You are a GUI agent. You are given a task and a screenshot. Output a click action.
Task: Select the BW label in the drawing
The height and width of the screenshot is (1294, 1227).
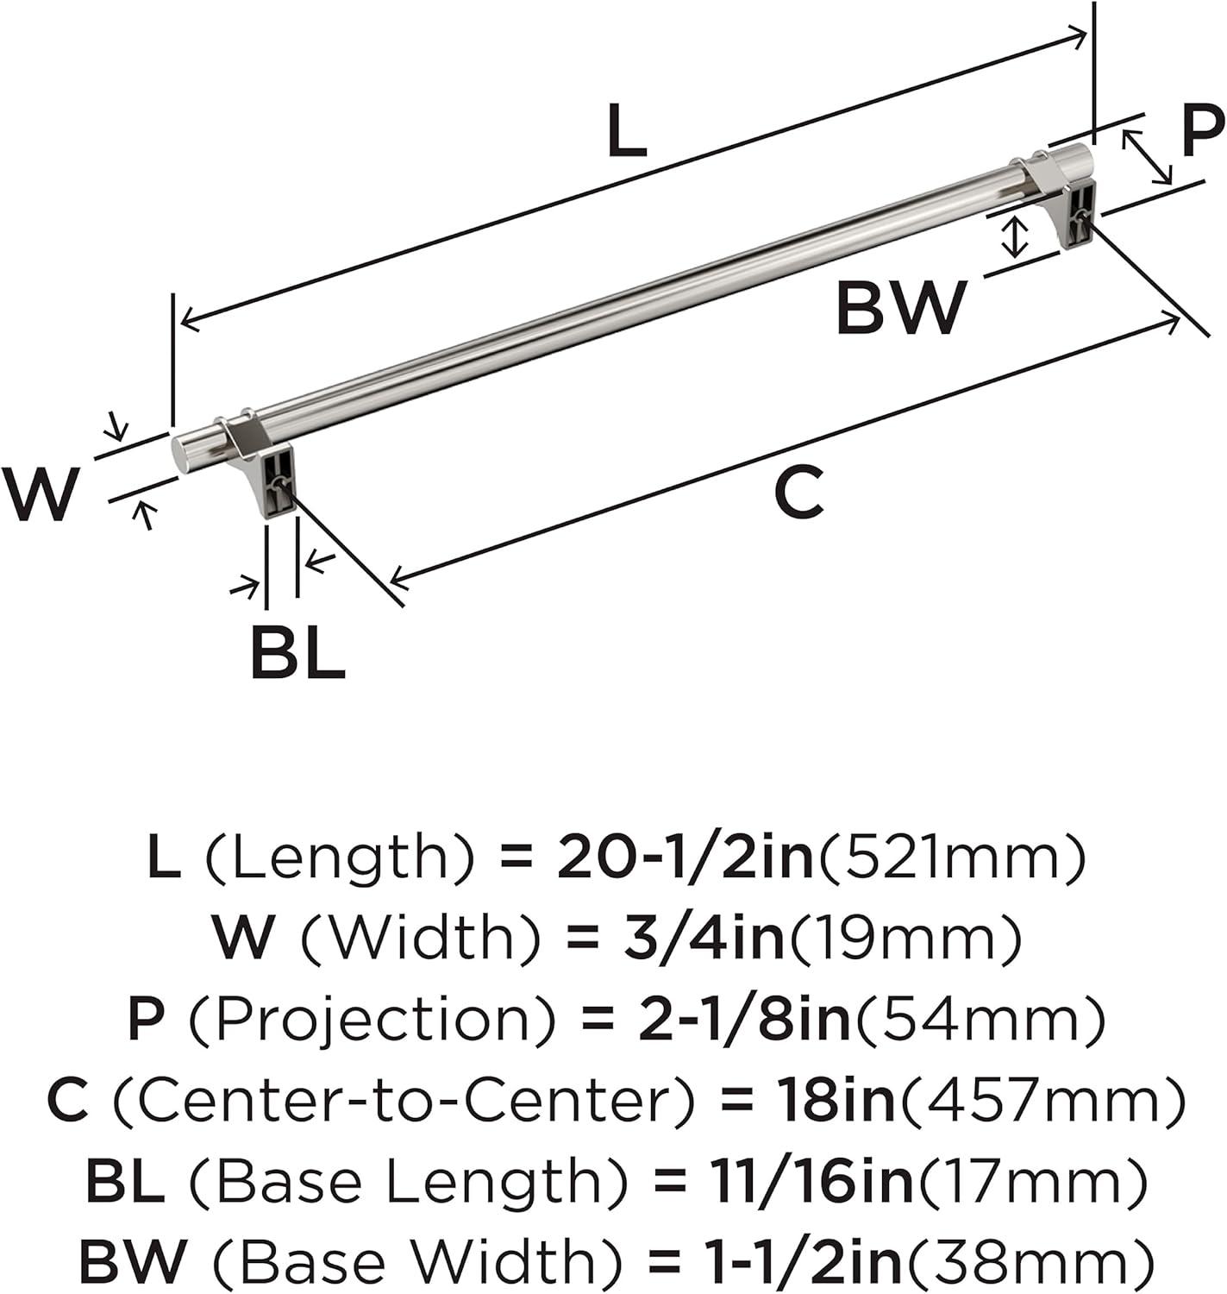[x=901, y=307]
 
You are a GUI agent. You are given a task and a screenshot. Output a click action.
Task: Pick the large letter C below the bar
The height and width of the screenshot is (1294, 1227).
[x=798, y=491]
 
